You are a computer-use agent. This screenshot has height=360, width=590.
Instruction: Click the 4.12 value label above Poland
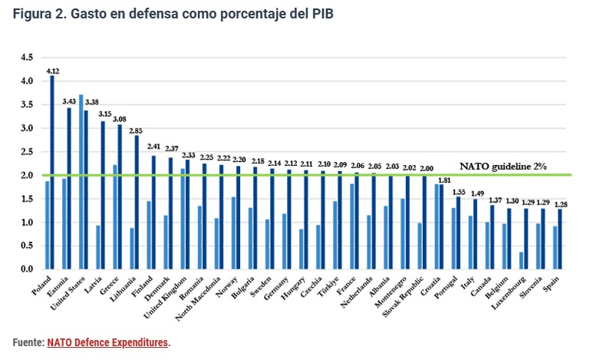tap(53, 70)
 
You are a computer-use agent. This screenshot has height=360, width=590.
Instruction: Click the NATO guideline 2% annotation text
tap(503, 166)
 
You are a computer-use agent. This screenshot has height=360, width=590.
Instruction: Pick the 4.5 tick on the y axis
tap(27, 58)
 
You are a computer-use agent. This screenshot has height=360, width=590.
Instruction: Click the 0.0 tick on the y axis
tap(27, 269)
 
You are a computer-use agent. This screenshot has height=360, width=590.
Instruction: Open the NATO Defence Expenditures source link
tap(107, 342)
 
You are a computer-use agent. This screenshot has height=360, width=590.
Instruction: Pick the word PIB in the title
tap(321, 15)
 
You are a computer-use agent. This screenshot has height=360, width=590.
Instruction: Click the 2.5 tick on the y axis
tap(27, 152)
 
